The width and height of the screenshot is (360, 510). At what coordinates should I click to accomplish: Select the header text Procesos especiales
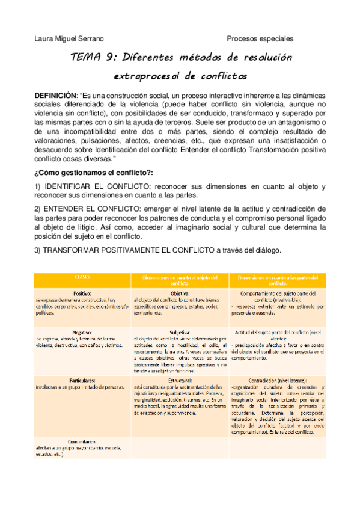(260, 39)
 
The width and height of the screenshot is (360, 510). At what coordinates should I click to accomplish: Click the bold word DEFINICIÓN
(56, 96)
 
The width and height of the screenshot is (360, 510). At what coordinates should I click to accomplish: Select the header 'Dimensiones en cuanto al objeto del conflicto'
(179, 280)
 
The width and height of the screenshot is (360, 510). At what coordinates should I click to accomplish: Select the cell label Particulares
(82, 380)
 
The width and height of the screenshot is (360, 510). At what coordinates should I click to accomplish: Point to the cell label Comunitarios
(82, 441)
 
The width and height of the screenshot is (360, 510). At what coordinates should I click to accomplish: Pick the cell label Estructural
(179, 380)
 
